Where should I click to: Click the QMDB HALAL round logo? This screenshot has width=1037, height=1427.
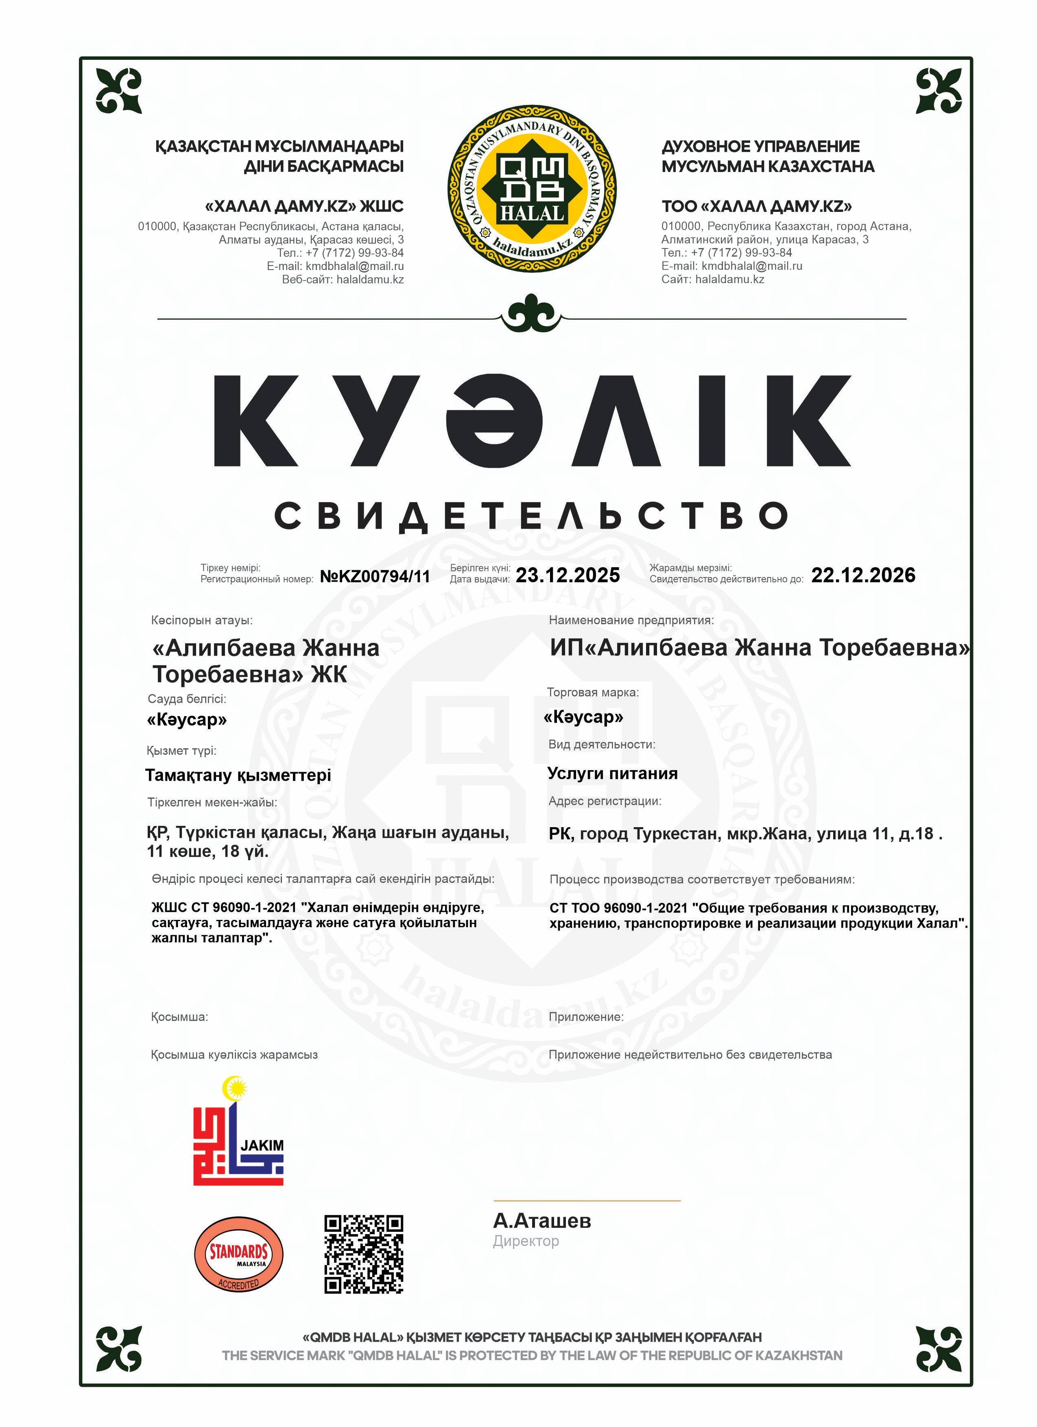point(532,188)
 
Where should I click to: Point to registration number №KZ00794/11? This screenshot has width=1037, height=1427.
point(375,576)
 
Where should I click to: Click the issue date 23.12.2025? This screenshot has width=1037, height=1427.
point(568,575)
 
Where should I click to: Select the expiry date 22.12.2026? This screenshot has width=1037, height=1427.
point(863,575)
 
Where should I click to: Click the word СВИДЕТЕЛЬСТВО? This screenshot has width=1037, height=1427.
point(532,516)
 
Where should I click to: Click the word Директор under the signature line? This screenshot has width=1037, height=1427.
point(526,1241)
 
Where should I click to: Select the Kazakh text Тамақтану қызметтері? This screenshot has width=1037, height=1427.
point(238,775)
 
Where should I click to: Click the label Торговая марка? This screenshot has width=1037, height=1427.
point(593,692)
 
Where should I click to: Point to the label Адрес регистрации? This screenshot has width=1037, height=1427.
point(605,801)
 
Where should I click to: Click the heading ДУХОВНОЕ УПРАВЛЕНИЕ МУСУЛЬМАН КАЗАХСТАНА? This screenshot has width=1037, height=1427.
point(768,156)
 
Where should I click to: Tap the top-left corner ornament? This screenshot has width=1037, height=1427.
point(118,91)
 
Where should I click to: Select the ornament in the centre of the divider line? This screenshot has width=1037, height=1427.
point(532,313)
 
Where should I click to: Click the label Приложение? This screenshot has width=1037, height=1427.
point(586,1017)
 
